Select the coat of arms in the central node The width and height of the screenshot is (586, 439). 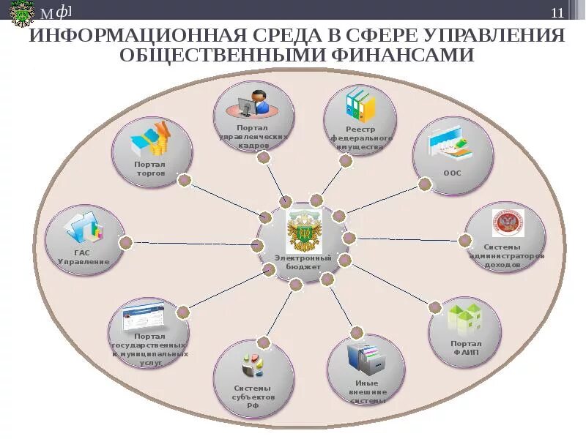302,230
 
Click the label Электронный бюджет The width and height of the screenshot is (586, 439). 303,263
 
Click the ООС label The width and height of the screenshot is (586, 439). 452,173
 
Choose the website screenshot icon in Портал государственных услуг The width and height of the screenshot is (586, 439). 147,317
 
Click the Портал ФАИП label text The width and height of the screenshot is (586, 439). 466,347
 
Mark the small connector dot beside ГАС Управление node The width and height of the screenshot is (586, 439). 126,241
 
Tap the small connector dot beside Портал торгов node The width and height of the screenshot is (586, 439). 185,179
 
